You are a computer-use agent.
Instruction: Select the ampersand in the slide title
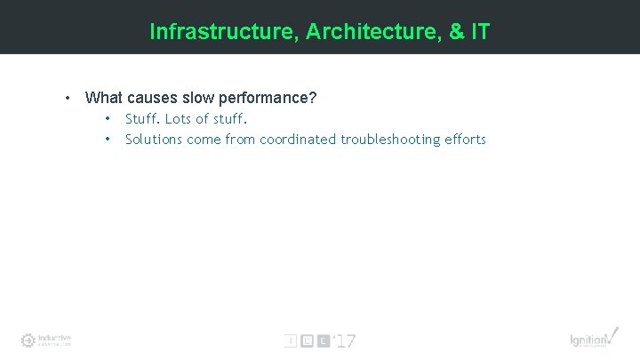(456, 32)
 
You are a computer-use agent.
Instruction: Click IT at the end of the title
(479, 32)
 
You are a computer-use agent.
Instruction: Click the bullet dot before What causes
(67, 97)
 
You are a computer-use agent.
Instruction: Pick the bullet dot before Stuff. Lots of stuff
(108, 118)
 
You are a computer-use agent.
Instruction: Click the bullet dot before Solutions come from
(108, 139)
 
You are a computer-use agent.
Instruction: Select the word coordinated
(298, 139)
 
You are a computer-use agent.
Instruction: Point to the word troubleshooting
(388, 139)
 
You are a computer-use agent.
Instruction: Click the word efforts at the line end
(464, 139)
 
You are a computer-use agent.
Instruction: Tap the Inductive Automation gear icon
(28, 340)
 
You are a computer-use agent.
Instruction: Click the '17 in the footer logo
(344, 340)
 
